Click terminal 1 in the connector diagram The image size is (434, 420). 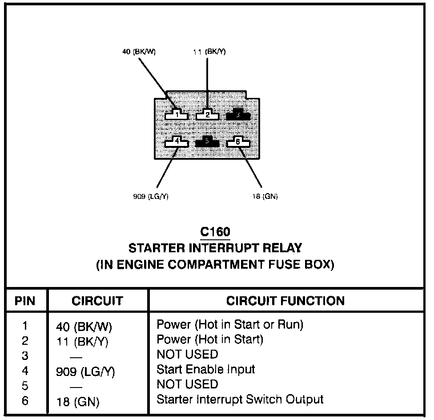(x=177, y=115)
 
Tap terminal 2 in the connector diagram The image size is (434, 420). (x=207, y=115)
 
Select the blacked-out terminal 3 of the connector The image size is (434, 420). (x=238, y=115)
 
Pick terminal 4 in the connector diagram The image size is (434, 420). (x=177, y=142)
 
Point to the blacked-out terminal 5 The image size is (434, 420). (x=207, y=142)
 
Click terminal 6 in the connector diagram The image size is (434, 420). (x=238, y=142)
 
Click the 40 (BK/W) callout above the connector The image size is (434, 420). (x=139, y=52)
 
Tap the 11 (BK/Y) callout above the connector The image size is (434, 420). (x=209, y=52)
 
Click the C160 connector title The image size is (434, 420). (x=215, y=233)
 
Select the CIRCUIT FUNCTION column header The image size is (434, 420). (x=285, y=301)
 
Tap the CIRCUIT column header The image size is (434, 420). (x=97, y=301)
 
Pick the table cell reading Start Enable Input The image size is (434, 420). (x=206, y=369)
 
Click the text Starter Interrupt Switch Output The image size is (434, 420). (x=240, y=399)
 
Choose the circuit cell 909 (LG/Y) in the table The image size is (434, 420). (x=85, y=372)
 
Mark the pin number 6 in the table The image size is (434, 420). (x=25, y=401)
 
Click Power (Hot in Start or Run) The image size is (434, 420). (x=230, y=325)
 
